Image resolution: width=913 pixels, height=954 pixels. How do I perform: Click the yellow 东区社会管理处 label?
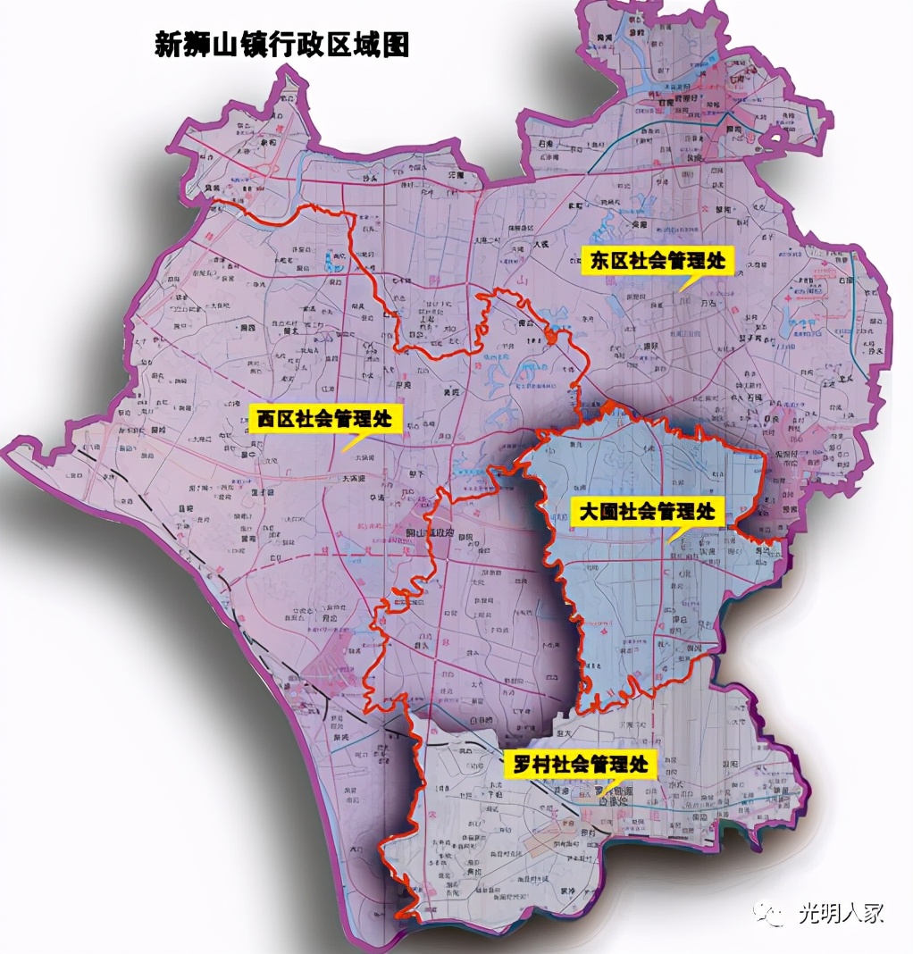(660, 261)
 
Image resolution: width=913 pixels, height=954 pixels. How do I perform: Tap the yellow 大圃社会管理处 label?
(647, 513)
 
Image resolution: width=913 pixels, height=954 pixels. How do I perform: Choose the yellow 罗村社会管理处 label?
(580, 765)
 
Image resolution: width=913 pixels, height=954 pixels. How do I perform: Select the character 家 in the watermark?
(873, 913)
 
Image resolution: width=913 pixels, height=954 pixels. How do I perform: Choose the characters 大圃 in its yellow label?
(594, 513)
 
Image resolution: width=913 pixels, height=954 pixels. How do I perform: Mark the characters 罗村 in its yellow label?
(527, 765)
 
